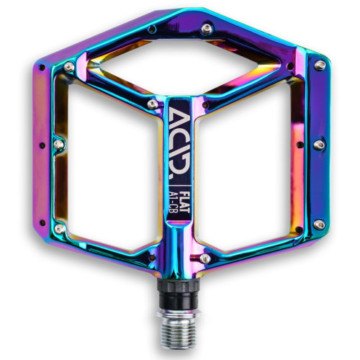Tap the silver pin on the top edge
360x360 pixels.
207,28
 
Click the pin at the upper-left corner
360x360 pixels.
69,66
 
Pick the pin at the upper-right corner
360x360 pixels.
320,65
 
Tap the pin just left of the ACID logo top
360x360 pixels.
152,104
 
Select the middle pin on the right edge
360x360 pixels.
318,145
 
